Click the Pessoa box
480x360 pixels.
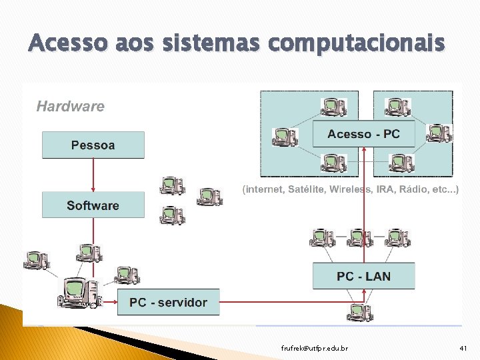(x=93, y=145)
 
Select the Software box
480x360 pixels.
(x=93, y=205)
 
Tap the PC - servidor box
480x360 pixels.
(x=168, y=302)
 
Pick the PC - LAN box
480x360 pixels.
(x=363, y=276)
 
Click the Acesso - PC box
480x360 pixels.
(x=363, y=134)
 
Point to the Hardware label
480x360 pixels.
(x=70, y=106)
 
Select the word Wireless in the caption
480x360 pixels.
(x=351, y=189)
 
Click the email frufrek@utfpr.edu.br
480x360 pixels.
(x=314, y=349)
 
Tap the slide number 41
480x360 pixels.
(x=464, y=349)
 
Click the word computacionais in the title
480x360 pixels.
(x=356, y=43)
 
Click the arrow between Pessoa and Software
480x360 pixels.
(x=93, y=175)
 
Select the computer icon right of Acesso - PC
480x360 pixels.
(x=439, y=133)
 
